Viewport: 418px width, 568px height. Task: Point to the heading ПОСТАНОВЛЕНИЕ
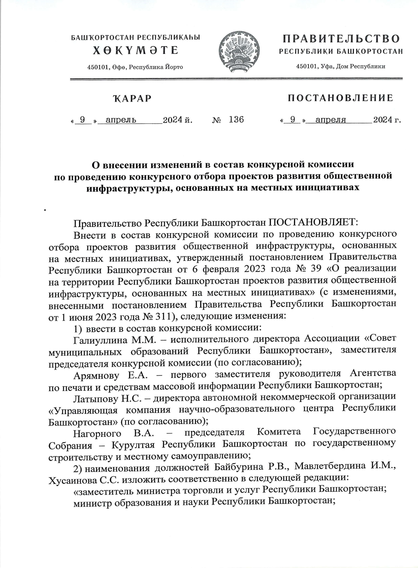(x=340, y=98)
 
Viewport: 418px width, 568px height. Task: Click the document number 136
(x=237, y=120)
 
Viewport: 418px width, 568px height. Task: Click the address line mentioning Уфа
(x=340, y=67)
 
